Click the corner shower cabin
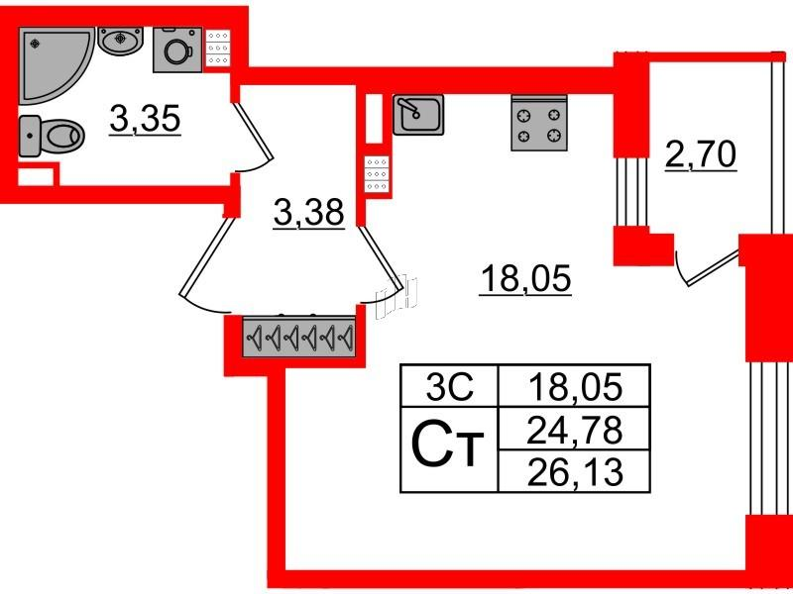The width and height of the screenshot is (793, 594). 51,60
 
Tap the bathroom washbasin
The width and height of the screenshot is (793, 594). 120,40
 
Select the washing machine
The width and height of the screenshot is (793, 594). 177,49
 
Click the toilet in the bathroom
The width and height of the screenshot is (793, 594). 51,136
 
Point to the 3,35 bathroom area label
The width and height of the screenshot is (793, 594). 145,120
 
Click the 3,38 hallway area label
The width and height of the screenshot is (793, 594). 309,213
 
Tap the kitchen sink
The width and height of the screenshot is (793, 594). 418,115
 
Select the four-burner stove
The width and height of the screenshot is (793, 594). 539,123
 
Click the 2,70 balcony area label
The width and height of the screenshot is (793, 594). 701,155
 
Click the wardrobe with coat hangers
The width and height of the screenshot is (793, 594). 299,336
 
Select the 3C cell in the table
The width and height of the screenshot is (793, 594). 450,386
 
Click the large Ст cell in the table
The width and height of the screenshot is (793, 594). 450,449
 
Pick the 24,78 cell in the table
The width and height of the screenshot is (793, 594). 574,429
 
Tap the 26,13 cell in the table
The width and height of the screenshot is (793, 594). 574,471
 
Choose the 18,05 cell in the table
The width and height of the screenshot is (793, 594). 574,386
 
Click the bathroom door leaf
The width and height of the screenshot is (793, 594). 253,132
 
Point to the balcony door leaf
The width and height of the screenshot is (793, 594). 712,269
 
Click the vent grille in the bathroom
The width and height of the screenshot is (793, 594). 218,48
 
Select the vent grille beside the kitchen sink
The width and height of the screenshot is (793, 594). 377,174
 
